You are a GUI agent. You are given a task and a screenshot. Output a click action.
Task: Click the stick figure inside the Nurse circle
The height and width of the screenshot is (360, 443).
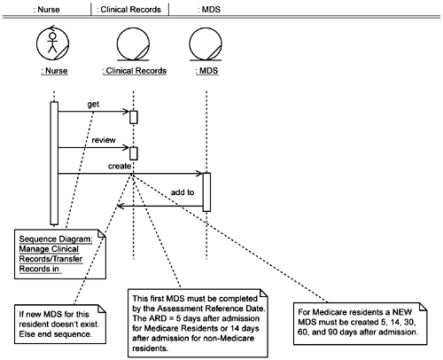coord(52,43)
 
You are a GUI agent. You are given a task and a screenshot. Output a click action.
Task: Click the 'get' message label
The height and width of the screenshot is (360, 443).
coord(93,104)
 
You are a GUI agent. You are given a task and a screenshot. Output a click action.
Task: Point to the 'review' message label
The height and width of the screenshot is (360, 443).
coord(104,140)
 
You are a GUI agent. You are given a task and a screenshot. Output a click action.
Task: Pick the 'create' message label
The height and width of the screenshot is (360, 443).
coord(120,166)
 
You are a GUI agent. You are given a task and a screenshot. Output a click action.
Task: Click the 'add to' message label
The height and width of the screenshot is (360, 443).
coord(183,192)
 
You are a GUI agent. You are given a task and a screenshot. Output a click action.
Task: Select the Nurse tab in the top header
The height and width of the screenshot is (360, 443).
coord(46,10)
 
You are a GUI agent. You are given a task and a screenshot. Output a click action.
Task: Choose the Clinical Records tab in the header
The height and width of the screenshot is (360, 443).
coord(128,10)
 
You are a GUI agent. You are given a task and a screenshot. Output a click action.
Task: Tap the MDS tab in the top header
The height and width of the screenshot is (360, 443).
coord(209,10)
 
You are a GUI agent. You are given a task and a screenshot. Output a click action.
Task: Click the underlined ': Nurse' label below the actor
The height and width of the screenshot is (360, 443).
coord(54,71)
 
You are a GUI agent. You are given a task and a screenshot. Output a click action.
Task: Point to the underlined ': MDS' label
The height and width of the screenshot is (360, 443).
coord(206,71)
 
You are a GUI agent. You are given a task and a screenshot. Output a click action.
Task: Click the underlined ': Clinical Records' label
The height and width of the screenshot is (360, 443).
coord(135,71)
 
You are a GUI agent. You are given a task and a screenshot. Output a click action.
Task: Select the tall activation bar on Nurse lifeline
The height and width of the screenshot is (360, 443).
coord(54,163)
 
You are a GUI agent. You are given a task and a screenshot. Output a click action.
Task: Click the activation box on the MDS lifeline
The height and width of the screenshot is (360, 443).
coord(206,192)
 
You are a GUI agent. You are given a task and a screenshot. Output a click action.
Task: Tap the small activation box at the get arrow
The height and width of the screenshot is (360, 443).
coord(134,117)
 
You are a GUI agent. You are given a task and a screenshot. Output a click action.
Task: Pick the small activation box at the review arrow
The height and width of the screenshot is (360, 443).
coord(134,153)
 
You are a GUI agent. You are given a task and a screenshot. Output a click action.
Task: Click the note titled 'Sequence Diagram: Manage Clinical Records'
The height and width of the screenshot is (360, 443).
coord(60,254)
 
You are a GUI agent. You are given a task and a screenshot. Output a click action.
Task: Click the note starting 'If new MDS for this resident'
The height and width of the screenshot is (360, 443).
coord(60,325)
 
